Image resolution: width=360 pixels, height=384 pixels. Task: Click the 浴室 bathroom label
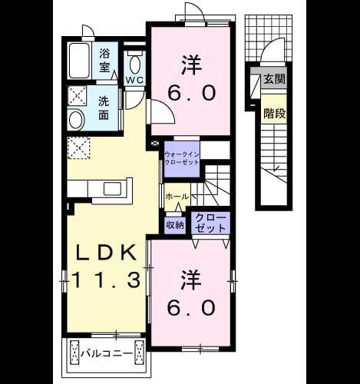tap(104, 61)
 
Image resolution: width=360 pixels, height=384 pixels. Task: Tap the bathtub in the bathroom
tap(79, 61)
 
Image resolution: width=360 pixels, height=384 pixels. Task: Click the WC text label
tap(134, 81)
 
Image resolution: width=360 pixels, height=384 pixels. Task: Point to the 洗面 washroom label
tap(104, 108)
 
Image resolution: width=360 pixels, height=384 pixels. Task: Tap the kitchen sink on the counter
tap(112, 189)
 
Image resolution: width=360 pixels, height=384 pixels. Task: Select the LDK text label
tap(106, 253)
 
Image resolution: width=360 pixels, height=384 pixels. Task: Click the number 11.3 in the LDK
tap(107, 280)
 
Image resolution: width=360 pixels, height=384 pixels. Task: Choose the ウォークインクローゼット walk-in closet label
tap(182, 158)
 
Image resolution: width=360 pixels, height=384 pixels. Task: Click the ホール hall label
tap(177, 197)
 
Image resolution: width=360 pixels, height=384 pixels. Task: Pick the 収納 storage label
tap(175, 226)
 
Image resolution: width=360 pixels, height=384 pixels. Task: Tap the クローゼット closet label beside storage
tap(211, 223)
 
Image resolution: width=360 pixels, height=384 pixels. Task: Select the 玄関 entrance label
tap(275, 79)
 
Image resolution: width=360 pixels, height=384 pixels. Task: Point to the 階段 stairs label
tap(275, 114)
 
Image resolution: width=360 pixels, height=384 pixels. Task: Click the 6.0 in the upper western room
tap(191, 93)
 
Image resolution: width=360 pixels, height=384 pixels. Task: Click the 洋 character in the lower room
tap(191, 280)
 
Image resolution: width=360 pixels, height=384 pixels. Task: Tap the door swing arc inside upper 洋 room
tap(168, 107)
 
